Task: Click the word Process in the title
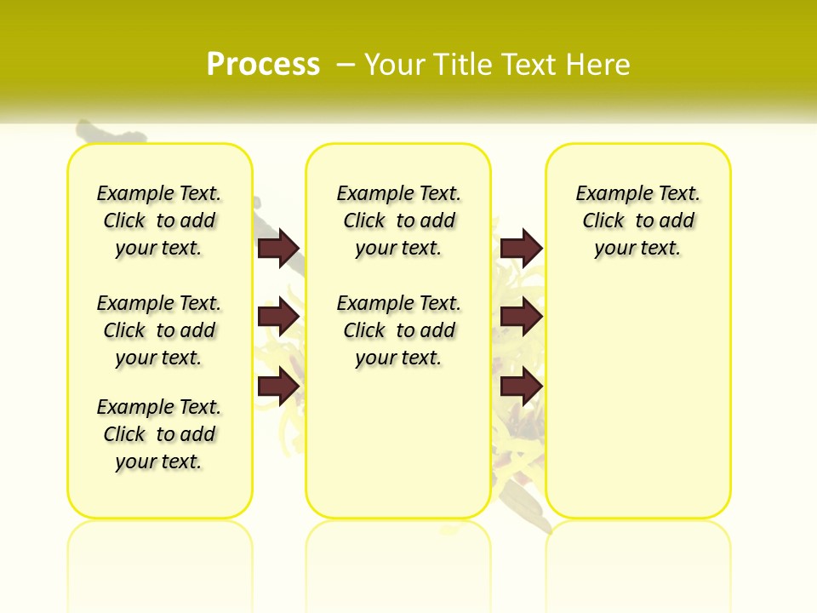[x=263, y=64]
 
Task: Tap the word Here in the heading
[x=598, y=65]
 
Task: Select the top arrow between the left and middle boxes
[x=278, y=248]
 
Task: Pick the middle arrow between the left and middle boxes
[x=278, y=317]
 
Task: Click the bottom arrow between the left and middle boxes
[x=278, y=387]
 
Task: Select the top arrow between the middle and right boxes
[x=521, y=248]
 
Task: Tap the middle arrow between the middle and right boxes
[x=521, y=317]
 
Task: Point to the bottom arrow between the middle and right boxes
[x=521, y=387]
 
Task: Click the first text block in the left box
[x=159, y=221]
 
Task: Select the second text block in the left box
[x=159, y=330]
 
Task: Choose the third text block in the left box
[x=159, y=434]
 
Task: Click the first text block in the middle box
[x=399, y=221]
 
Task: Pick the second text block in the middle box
[x=399, y=330]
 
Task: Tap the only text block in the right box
[x=638, y=221]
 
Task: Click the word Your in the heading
[x=395, y=65]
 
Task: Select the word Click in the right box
[x=603, y=221]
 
